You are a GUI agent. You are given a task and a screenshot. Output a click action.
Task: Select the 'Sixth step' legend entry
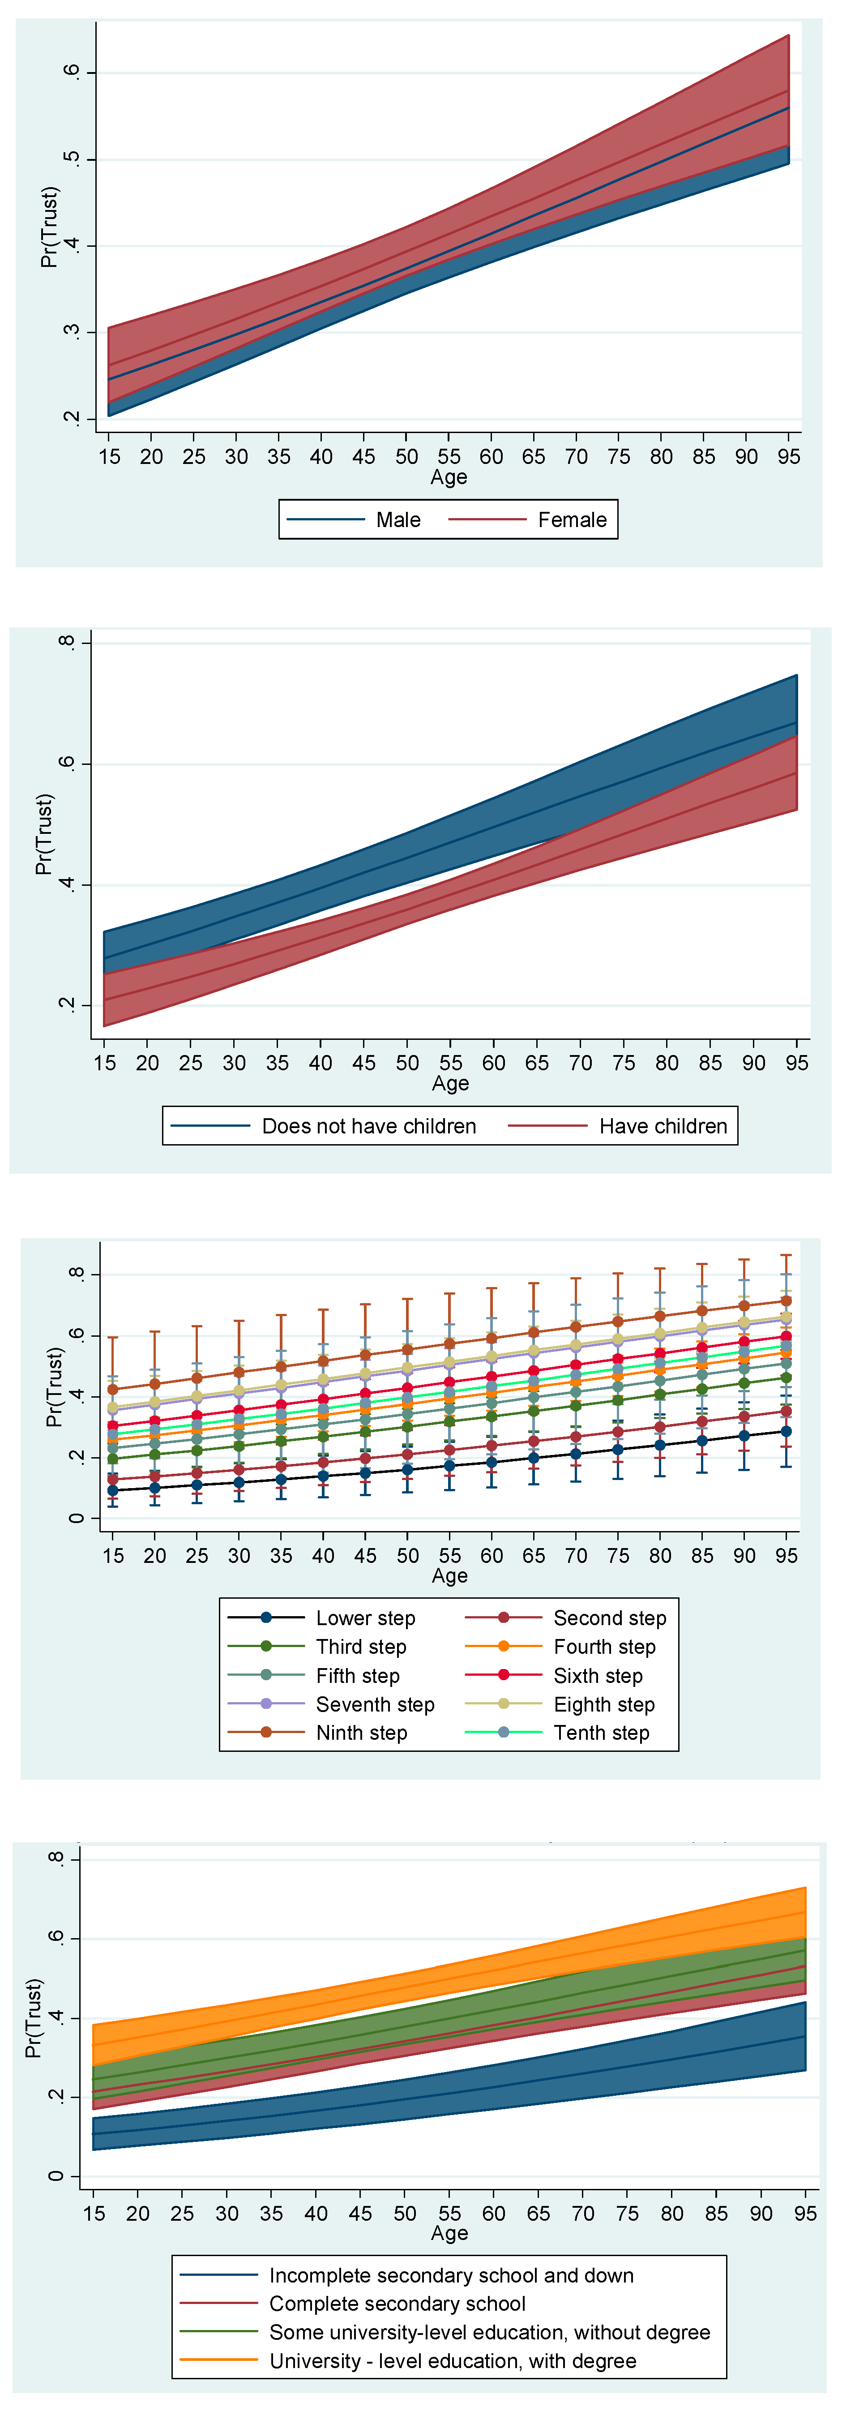tap(598, 1675)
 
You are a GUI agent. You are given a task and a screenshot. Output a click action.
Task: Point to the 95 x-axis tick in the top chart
tap(788, 457)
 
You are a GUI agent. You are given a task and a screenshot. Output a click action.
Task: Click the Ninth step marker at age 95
tap(787, 1301)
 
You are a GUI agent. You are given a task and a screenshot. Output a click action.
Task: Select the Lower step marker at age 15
tap(113, 1490)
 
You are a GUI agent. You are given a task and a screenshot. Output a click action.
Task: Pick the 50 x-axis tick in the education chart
tap(405, 2213)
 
